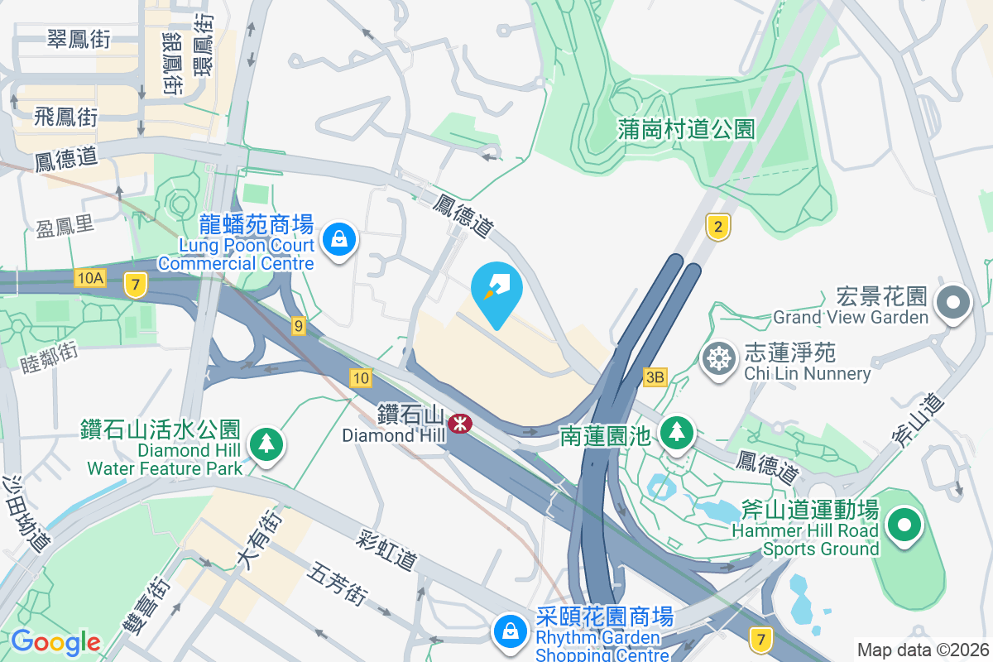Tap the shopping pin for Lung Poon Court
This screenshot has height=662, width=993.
338,240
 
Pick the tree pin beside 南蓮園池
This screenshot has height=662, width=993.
677,432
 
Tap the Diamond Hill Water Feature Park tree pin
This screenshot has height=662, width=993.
266,444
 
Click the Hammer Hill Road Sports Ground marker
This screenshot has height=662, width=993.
904,525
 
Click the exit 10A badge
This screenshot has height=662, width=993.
89,278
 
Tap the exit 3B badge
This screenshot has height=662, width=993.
655,377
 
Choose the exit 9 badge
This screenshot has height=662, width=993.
298,326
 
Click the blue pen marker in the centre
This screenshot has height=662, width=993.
496,292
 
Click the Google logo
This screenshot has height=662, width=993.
55,642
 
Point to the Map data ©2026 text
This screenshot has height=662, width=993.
922,650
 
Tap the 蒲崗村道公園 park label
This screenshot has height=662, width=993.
687,128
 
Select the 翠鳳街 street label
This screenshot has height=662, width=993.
79,38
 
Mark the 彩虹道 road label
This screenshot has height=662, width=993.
386,549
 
